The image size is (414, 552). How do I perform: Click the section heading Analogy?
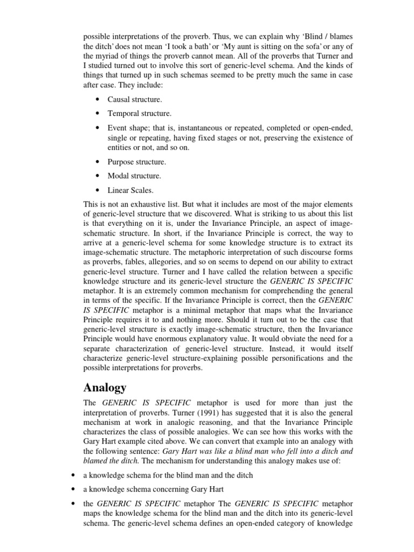pyautogui.click(x=105, y=388)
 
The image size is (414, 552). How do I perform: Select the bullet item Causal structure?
pyautogui.click(x=134, y=99)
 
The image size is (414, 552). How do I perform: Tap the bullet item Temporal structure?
pyautogui.click(x=139, y=114)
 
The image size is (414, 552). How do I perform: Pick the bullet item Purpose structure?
pyautogui.click(x=137, y=162)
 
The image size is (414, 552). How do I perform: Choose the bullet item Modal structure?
pyautogui.click(x=134, y=176)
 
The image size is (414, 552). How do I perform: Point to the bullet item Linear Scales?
pyautogui.click(x=130, y=190)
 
